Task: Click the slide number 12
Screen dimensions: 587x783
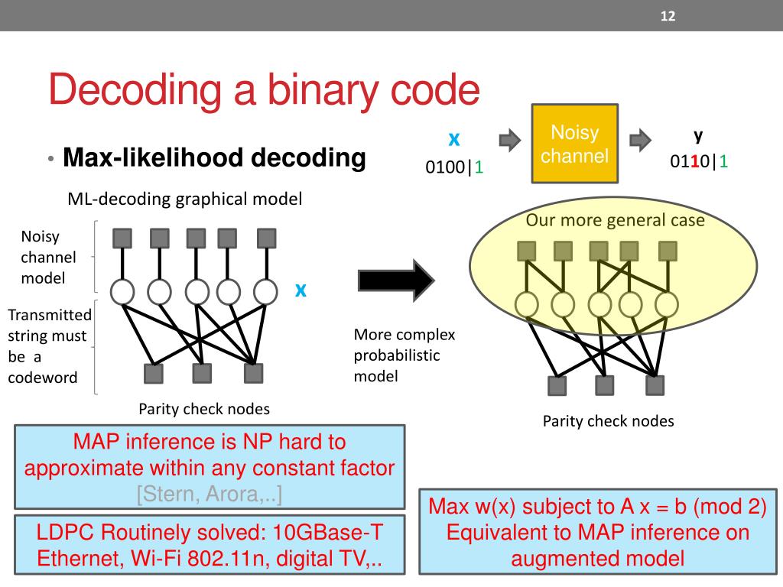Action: coord(668,16)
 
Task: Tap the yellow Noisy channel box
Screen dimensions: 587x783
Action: coord(574,144)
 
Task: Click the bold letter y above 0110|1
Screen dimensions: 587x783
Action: coord(698,135)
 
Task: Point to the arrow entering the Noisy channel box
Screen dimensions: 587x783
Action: coord(509,140)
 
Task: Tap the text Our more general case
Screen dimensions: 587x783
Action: coord(615,221)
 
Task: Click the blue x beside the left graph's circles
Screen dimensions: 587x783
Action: coord(301,290)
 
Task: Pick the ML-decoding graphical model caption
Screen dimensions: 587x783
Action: coord(185,199)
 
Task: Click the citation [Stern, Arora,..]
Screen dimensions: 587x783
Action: coord(210,494)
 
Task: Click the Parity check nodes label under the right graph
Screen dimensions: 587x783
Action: coord(609,420)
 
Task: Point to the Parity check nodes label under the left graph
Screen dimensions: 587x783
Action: coord(204,408)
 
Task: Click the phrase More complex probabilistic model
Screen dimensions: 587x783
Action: coord(404,355)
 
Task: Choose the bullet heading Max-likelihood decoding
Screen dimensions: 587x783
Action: coord(214,158)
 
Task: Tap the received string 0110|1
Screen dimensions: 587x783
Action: coord(699,162)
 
